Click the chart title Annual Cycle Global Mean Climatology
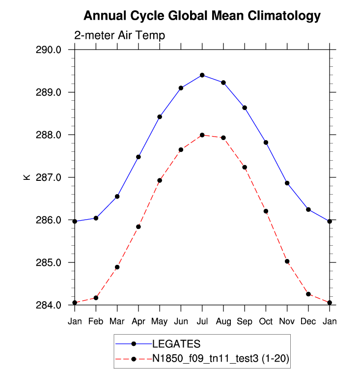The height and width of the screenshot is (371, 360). pos(202,16)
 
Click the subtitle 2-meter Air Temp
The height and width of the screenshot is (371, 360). pos(119,36)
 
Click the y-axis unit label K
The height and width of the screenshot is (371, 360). pos(27,177)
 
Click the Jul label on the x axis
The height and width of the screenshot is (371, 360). pos(202,321)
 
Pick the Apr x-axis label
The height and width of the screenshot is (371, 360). pos(138,321)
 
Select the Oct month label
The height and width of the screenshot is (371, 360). pos(266,321)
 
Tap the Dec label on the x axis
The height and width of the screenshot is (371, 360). pos(308,321)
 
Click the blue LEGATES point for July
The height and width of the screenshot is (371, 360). pos(202,75)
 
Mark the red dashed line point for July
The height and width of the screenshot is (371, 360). pos(202,135)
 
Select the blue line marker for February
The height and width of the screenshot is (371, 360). pos(96,218)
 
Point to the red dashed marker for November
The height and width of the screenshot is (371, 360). pos(287,261)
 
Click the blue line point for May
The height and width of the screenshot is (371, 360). pos(160,117)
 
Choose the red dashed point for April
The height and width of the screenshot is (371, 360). pos(138,227)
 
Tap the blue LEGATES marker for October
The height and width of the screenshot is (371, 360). pos(266,143)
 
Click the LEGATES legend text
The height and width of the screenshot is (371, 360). pos(176,343)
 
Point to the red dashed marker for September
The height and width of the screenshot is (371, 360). pos(245,168)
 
